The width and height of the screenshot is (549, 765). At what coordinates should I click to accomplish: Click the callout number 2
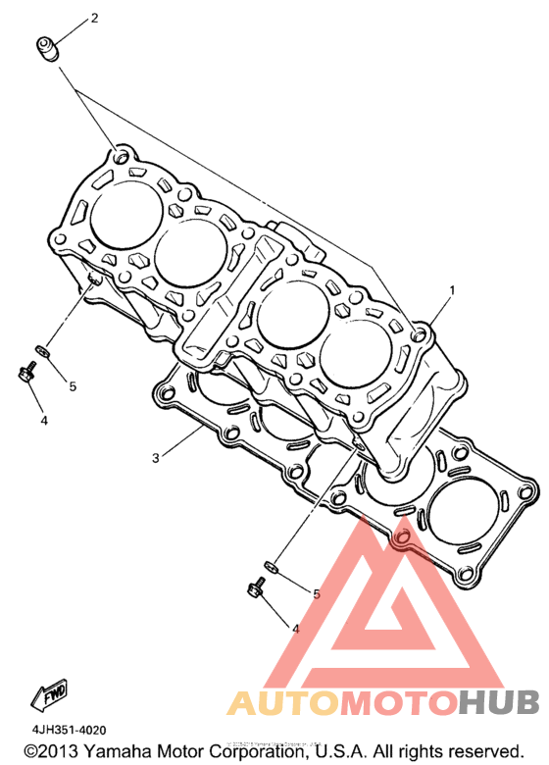tap(94, 18)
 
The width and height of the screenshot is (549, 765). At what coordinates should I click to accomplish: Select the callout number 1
tap(452, 290)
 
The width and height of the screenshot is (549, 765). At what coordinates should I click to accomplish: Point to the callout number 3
tap(156, 458)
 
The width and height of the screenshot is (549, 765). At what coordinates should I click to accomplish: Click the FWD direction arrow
tap(49, 693)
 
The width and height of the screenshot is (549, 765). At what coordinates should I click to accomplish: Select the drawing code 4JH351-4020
tap(69, 731)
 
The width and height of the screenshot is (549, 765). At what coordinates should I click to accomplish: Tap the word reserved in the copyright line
tap(486, 751)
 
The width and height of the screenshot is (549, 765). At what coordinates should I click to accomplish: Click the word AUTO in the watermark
tap(282, 702)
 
